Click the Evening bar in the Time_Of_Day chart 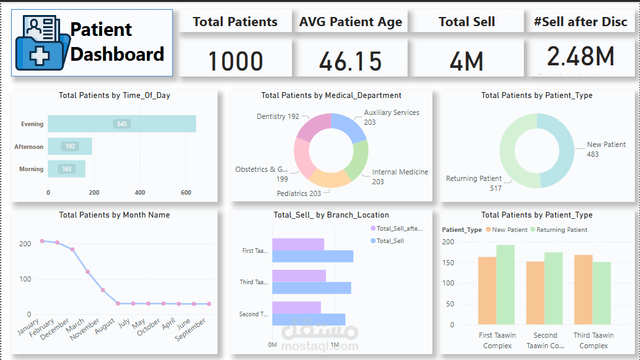[121, 123]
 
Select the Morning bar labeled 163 [67, 169]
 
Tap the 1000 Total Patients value [235, 61]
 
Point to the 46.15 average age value [350, 61]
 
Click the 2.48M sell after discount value [581, 57]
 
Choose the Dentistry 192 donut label [278, 116]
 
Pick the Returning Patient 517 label [473, 183]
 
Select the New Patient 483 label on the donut [606, 149]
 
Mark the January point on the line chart [42, 241]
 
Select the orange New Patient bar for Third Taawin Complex [583, 289]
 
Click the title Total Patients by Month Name [114, 215]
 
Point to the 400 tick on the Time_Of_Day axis [140, 193]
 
